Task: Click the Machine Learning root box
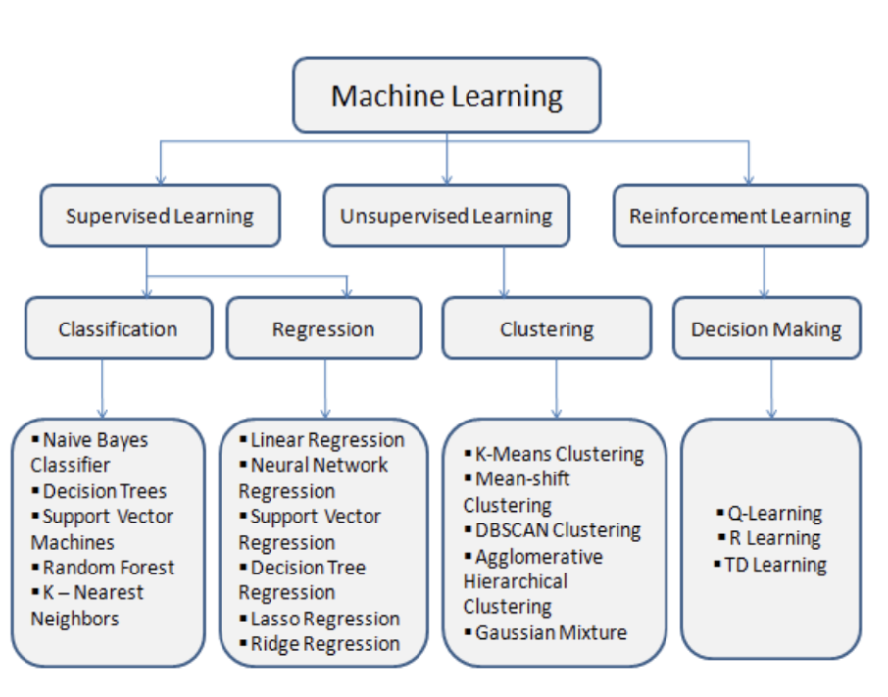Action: pos(446,96)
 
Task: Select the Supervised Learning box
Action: pos(160,216)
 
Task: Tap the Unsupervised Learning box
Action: pos(446,216)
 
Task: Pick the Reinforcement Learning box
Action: pos(740,216)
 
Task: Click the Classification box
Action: pos(118,328)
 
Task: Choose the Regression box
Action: pos(323,328)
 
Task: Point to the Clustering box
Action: pos(546,328)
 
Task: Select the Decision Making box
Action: pos(766,328)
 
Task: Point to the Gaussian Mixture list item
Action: pos(550,632)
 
